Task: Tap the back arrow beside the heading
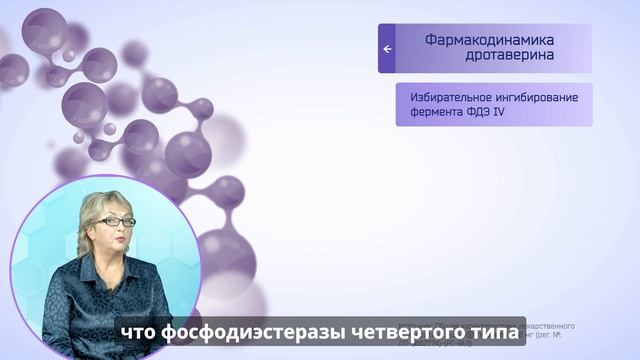[387, 48]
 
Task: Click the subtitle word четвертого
[408, 331]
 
